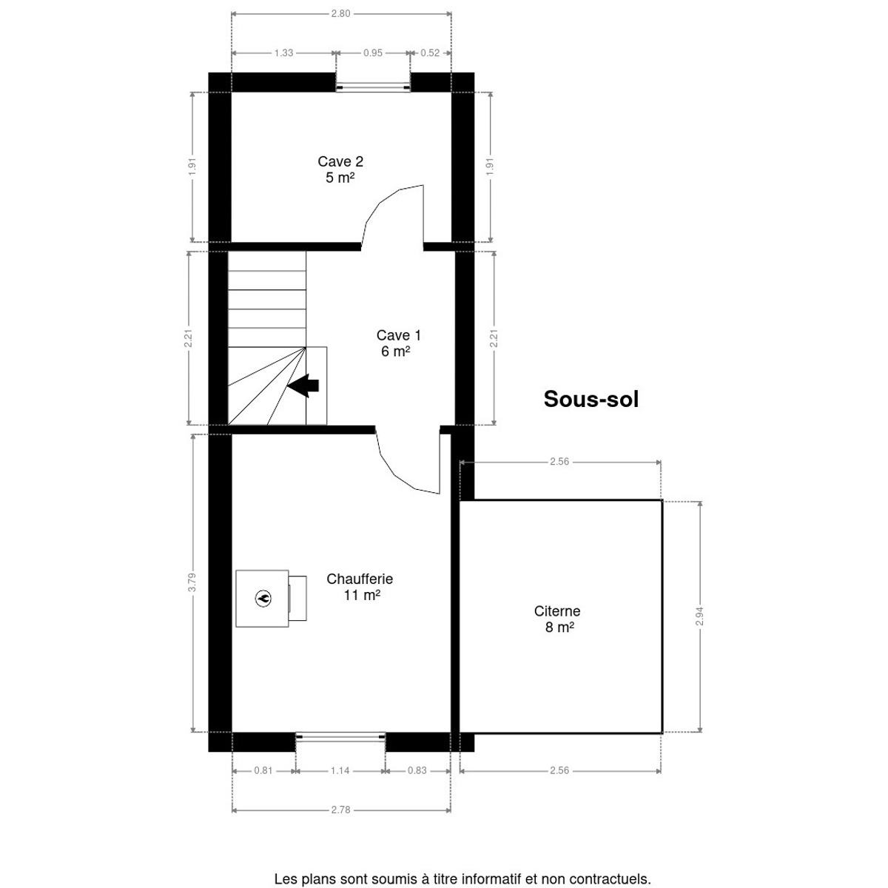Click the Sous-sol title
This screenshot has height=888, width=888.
591,399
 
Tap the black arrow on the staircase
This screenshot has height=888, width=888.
303,386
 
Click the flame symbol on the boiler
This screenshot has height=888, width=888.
263,599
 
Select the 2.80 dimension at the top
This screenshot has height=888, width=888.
340,14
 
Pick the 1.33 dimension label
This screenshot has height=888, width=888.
283,53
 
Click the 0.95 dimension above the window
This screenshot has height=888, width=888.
373,53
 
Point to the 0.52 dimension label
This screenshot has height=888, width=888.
430,53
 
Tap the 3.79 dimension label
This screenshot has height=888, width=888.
192,582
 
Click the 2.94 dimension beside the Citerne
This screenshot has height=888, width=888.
699,616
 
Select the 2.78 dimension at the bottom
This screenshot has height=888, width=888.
340,810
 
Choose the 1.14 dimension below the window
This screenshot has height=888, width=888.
340,770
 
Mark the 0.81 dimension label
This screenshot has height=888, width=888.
263,770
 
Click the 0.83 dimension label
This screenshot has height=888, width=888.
417,770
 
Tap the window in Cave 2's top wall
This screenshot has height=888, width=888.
373,87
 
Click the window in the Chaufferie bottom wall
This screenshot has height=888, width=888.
340,737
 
